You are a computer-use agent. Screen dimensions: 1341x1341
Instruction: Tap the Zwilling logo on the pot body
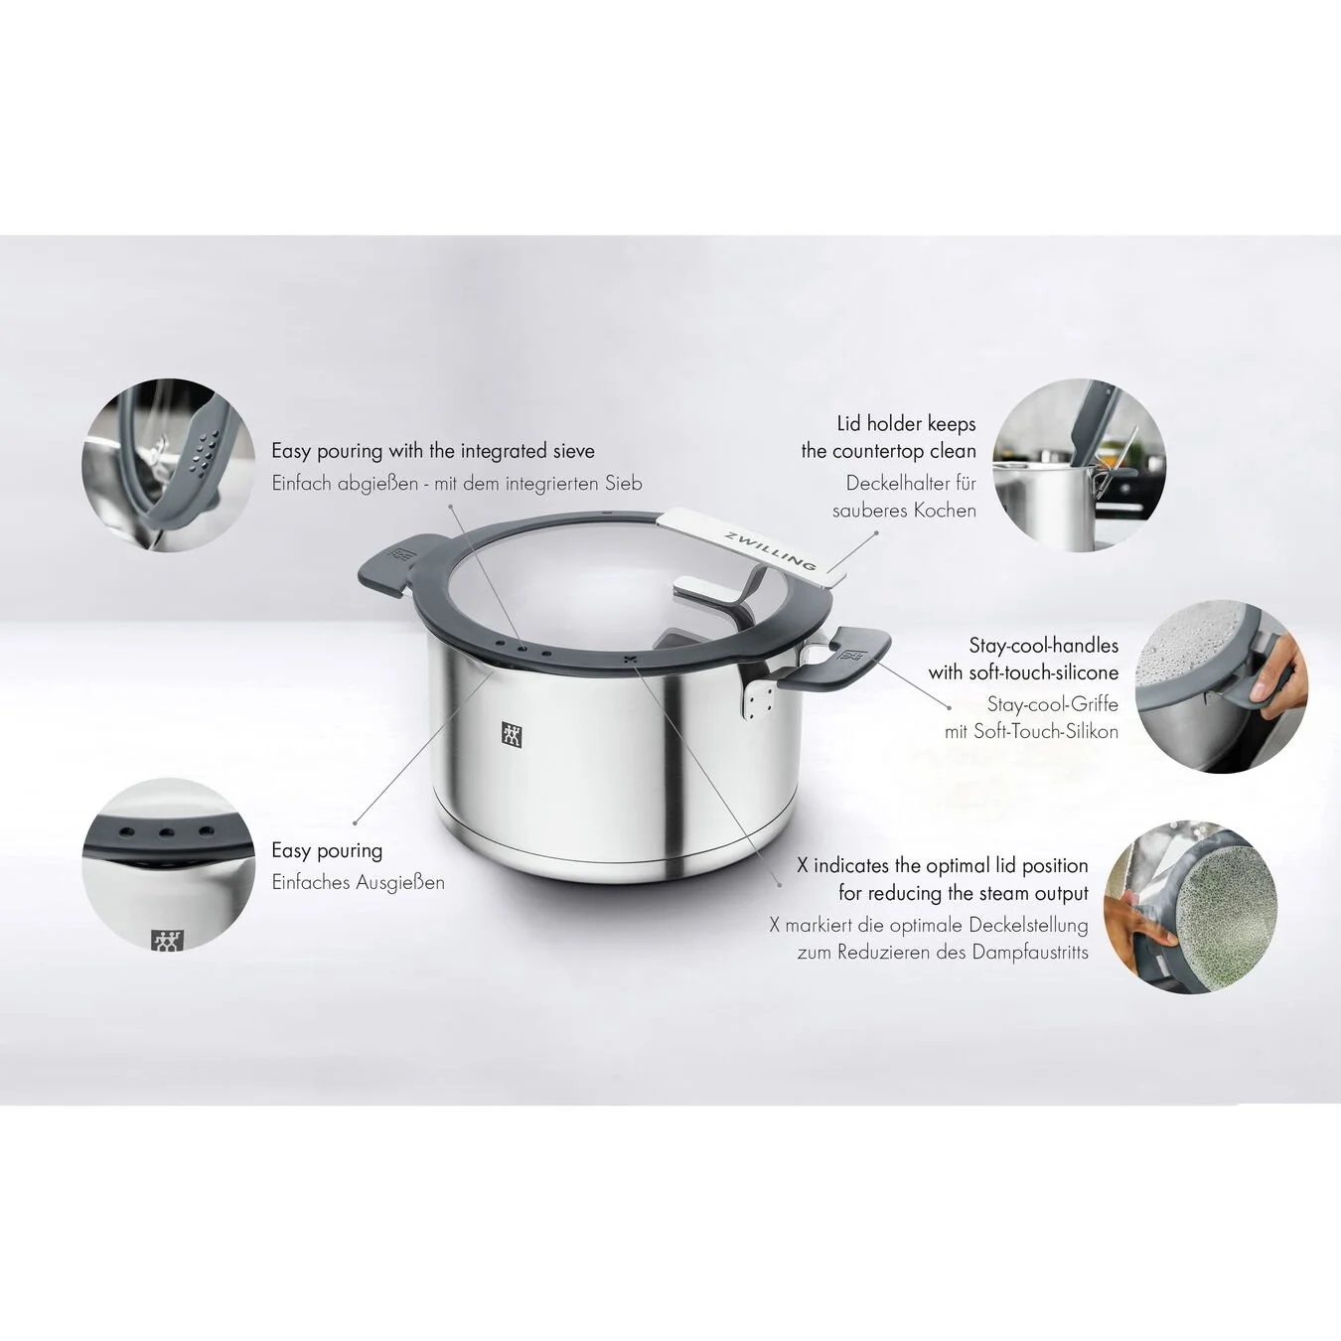pos(514,735)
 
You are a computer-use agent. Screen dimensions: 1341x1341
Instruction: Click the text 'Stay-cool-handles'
pos(1043,646)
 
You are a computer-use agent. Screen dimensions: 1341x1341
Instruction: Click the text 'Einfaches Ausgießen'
pos(358,882)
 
